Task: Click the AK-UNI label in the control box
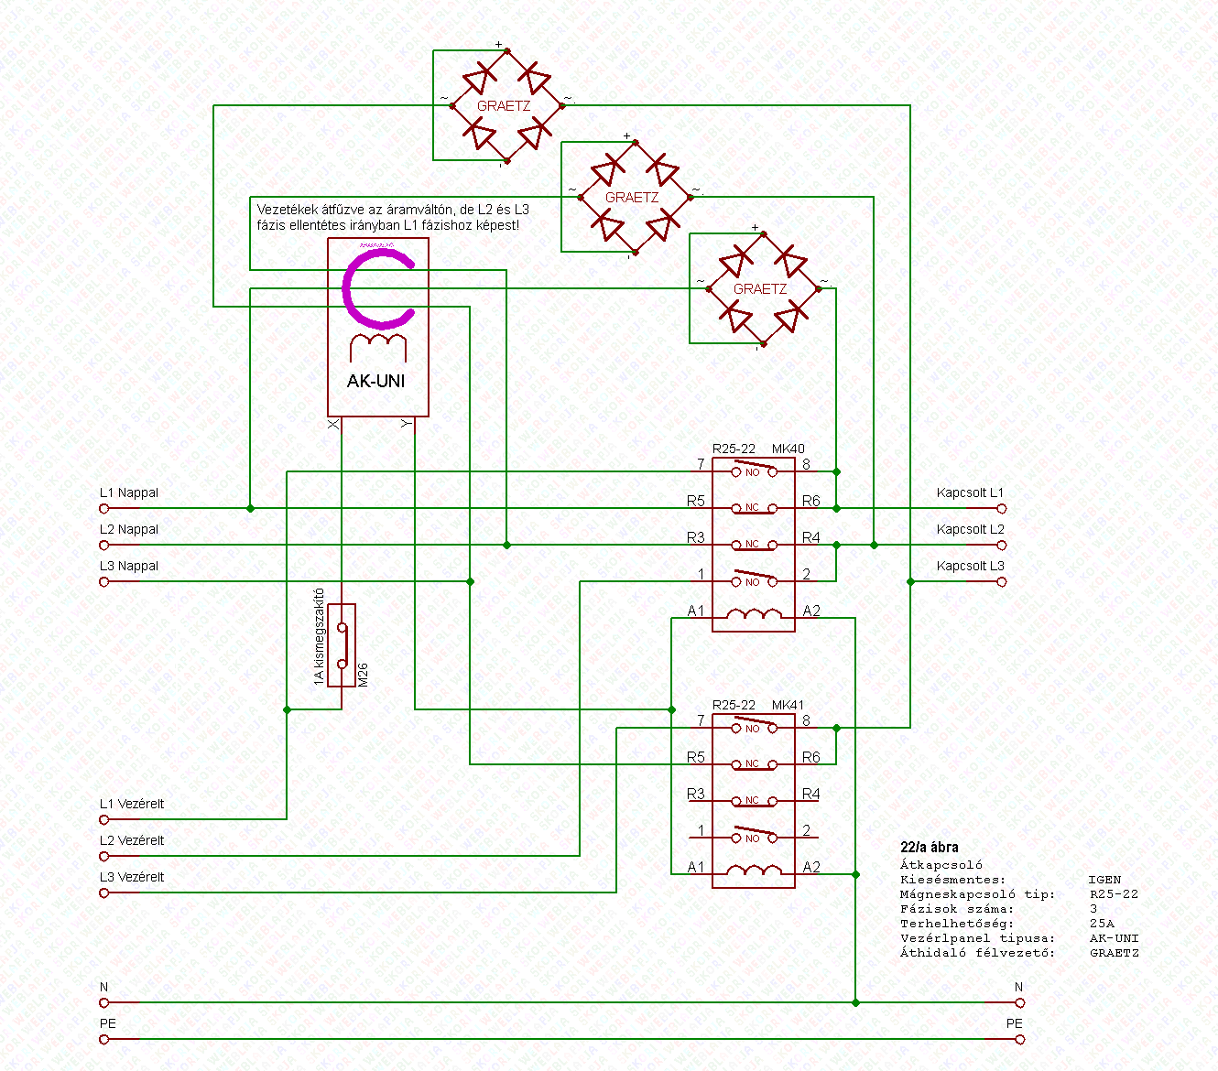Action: (375, 381)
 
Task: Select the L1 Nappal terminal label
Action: (128, 493)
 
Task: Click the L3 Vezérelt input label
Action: (132, 877)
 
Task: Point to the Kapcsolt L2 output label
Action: (970, 530)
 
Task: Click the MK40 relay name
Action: (788, 449)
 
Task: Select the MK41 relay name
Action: (788, 706)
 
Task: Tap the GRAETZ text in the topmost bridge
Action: (504, 106)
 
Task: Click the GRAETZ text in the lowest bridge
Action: (760, 289)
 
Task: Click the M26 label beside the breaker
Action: (364, 675)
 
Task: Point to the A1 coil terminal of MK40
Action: (696, 611)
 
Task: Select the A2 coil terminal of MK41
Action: (811, 868)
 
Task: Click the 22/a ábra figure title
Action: (930, 848)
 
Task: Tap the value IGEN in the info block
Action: (1104, 880)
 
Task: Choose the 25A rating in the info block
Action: (1102, 924)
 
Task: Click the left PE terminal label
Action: (108, 1023)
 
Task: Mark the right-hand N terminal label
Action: (1018, 988)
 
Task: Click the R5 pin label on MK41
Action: (696, 758)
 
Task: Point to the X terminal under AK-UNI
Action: (333, 424)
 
